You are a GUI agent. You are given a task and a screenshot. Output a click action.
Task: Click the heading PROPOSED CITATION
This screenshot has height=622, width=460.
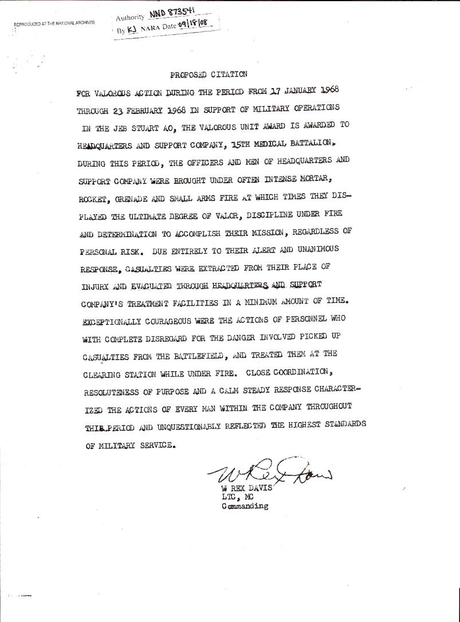[x=209, y=74]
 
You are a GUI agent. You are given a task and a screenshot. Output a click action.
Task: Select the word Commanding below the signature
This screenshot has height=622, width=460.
[x=245, y=507]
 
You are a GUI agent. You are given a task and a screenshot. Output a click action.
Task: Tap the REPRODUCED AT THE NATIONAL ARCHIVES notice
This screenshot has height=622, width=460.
[x=54, y=23]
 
